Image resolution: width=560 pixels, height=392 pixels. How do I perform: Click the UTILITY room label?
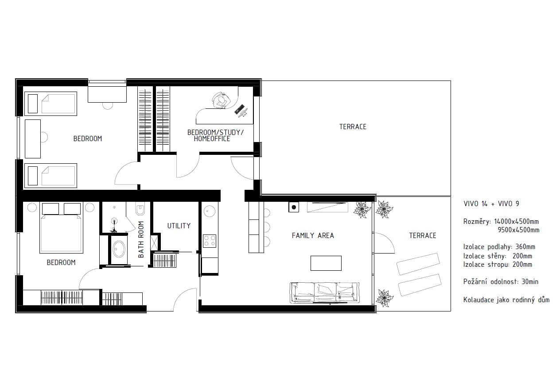click(179, 226)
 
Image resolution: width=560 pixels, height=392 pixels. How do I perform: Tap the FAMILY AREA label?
click(313, 235)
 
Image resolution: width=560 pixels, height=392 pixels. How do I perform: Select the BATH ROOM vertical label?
click(141, 239)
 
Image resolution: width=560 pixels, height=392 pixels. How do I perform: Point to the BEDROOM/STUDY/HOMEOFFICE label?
click(215, 135)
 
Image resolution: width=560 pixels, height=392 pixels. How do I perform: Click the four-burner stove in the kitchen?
click(210, 241)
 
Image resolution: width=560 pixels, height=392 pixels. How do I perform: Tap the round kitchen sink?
click(209, 211)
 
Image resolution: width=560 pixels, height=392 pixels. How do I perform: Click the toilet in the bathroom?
click(140, 209)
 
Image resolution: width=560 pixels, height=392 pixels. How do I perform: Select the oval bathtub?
click(119, 249)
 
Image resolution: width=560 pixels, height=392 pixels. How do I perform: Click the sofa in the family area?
click(324, 292)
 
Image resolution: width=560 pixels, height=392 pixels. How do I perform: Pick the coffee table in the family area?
click(326, 263)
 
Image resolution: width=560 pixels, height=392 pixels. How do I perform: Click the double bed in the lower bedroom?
click(61, 228)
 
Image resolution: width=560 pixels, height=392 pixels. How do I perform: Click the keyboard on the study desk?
click(239, 109)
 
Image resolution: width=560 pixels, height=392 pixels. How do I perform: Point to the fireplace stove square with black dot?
click(294, 207)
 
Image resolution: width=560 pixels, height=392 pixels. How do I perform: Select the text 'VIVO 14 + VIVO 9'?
click(491, 204)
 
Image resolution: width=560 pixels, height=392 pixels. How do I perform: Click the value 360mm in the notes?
click(525, 247)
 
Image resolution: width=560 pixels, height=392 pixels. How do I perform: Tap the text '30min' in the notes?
click(530, 282)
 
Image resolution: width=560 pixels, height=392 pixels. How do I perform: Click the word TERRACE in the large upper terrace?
click(353, 127)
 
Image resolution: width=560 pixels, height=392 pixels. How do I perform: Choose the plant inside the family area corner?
click(362, 209)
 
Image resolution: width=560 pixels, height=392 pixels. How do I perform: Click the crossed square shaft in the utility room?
click(154, 242)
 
